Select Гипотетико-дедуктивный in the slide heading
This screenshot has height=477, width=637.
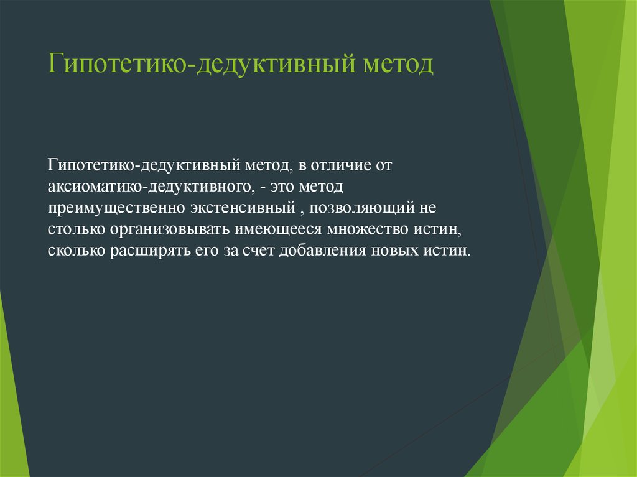point(198,65)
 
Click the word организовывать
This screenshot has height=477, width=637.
point(171,229)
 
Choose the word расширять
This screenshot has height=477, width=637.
point(146,251)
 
